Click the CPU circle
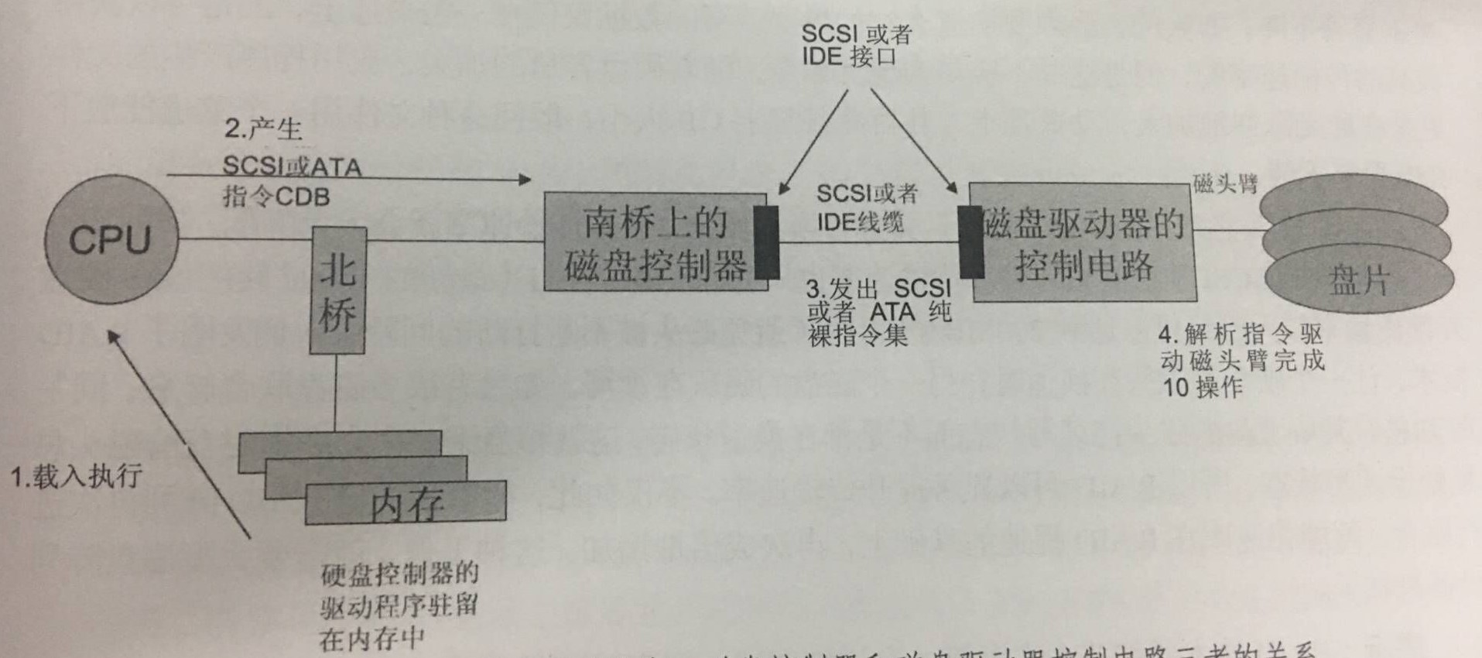tap(111, 239)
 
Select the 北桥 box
tap(337, 291)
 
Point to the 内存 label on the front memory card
tap(407, 504)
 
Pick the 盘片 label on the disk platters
tap(1359, 279)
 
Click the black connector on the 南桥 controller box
tap(766, 242)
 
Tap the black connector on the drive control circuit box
tap(970, 242)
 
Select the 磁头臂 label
tap(1225, 184)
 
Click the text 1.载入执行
tap(76, 475)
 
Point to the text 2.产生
tap(263, 128)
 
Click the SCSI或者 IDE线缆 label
tap(865, 207)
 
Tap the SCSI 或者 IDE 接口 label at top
tap(855, 45)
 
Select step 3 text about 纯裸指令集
tap(878, 312)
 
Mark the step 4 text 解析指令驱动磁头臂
tap(1241, 360)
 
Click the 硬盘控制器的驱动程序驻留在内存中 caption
tap(399, 606)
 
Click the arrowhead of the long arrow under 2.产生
tap(525, 180)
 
